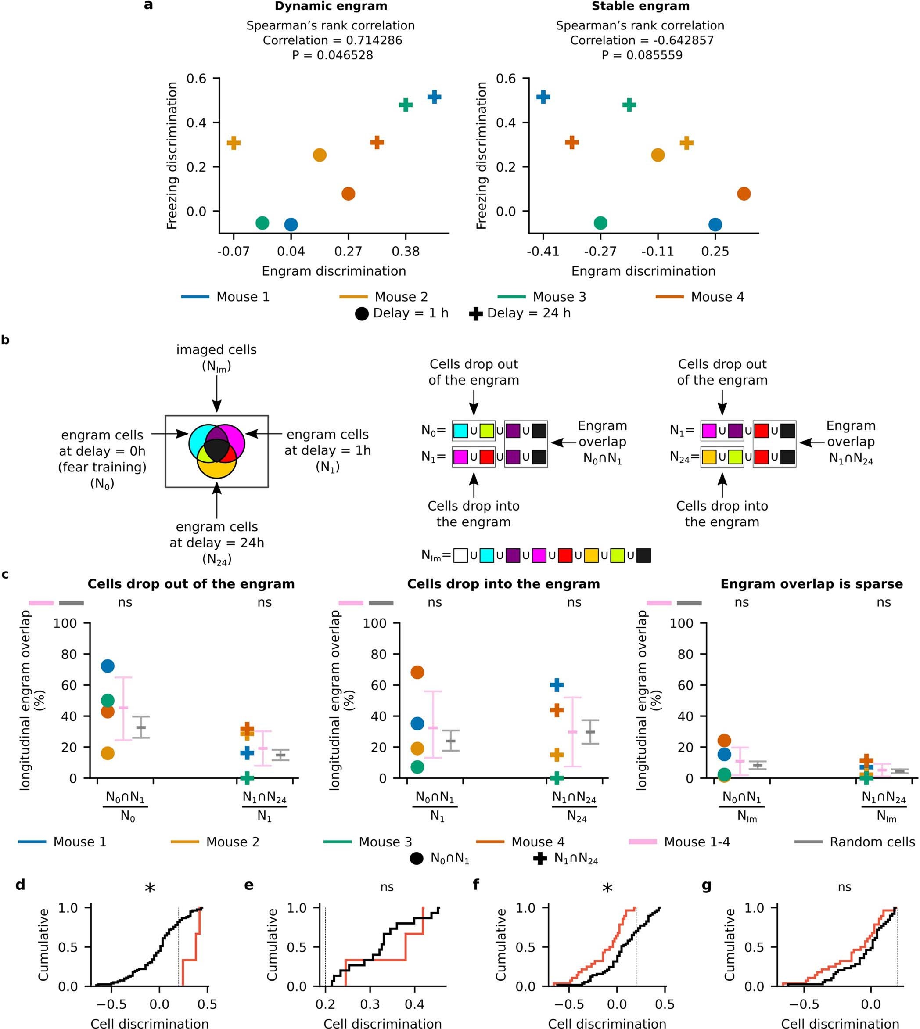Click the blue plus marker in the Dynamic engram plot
434,97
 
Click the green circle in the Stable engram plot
600,223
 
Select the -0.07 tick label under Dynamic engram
233,251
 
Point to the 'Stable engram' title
640,7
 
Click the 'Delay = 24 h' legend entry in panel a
521,313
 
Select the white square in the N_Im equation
460,556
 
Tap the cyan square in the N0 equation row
460,430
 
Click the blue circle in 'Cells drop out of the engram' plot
108,666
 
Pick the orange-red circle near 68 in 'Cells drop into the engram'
417,673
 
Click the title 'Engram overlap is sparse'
811,584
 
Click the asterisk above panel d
150,889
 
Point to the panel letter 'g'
707,885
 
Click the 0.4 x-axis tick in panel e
414,1004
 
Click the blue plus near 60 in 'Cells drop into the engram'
557,685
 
